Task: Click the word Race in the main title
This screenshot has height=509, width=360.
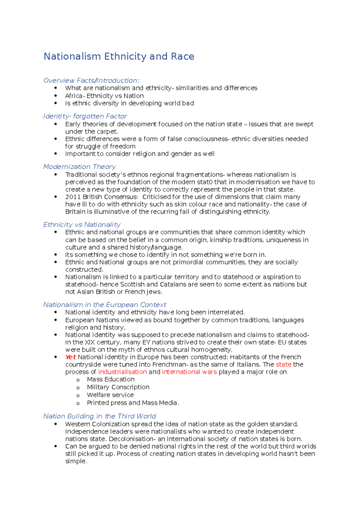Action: tap(182, 56)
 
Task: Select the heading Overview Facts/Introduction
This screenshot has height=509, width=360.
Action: tap(91, 80)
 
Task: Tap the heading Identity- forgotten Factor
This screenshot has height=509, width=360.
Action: tap(85, 116)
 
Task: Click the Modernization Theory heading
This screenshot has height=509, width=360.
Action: tap(79, 167)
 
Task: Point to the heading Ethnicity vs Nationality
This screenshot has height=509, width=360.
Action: tap(82, 225)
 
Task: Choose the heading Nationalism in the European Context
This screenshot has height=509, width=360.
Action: tap(104, 305)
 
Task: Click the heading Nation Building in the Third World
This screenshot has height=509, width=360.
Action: tap(99, 416)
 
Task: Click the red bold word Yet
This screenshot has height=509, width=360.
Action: tap(70, 357)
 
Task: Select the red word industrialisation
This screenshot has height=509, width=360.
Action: tap(122, 372)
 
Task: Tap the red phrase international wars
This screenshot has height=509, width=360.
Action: tap(189, 372)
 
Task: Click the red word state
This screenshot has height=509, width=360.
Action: tap(283, 365)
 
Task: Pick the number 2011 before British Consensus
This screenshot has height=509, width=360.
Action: tap(73, 197)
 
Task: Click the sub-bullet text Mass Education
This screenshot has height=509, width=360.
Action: tap(111, 380)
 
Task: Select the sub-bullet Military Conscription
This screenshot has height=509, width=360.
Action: tap(118, 387)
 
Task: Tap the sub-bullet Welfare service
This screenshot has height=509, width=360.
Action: tap(110, 395)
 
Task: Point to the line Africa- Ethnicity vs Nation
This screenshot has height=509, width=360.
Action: tap(104, 96)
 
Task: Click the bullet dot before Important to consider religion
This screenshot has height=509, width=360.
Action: tap(55, 153)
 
